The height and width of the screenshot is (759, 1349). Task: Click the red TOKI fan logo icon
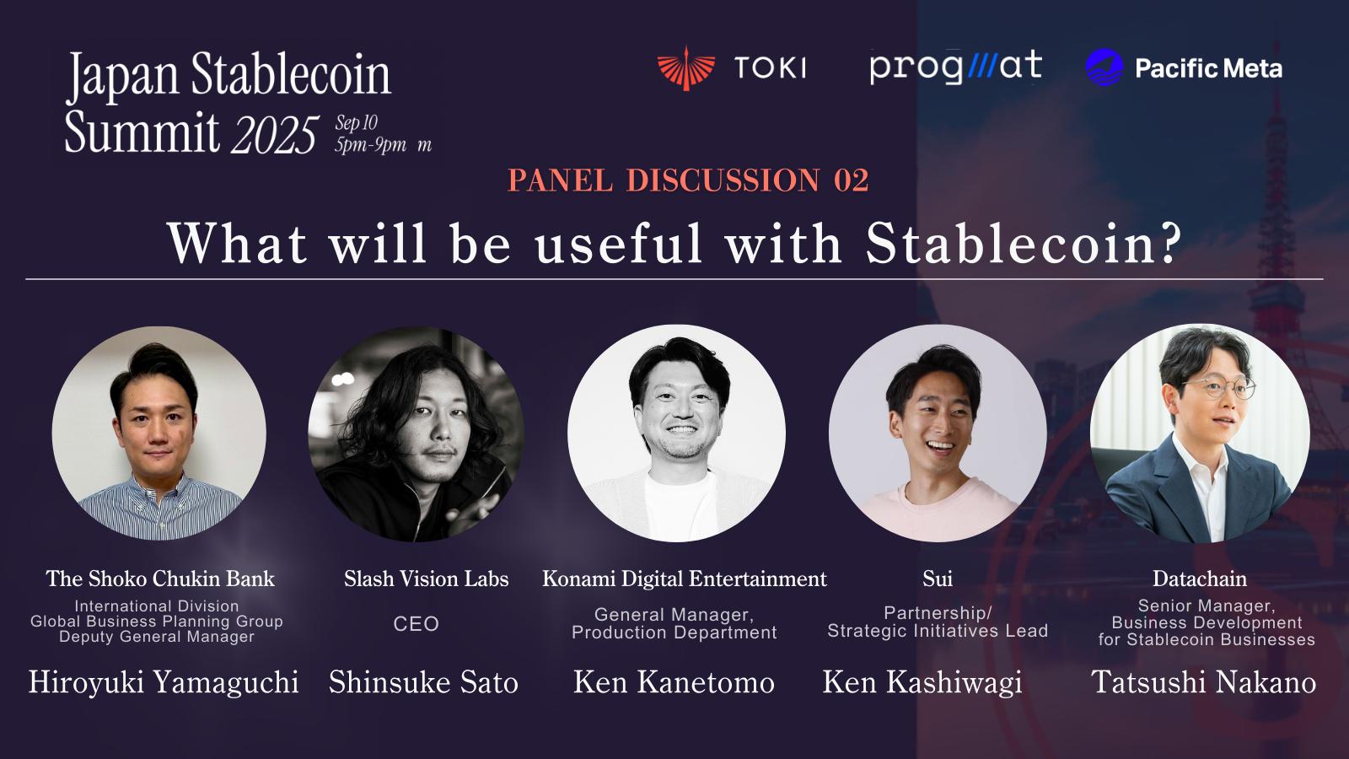point(686,68)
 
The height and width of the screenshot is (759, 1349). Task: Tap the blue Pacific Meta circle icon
point(1104,67)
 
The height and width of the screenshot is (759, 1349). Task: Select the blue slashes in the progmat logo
point(981,67)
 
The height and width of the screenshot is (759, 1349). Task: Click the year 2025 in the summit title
point(275,134)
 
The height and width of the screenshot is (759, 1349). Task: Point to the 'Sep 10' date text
point(356,123)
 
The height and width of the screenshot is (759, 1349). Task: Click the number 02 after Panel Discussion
point(851,180)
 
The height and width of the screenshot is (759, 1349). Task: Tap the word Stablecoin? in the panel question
point(1024,244)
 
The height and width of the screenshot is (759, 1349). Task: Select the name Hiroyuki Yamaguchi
point(164,682)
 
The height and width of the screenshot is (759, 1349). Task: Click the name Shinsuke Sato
point(423,682)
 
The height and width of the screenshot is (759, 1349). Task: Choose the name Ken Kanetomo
point(674,682)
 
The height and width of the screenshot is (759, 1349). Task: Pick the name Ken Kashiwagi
point(922,682)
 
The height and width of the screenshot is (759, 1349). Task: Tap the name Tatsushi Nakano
point(1204,682)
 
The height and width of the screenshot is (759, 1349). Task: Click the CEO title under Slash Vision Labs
point(417,624)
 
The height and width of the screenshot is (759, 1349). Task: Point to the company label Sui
point(938,579)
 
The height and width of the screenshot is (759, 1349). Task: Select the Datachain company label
point(1200,579)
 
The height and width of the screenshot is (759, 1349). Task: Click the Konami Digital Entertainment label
point(684,579)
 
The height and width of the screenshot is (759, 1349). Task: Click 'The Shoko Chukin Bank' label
point(160,579)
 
